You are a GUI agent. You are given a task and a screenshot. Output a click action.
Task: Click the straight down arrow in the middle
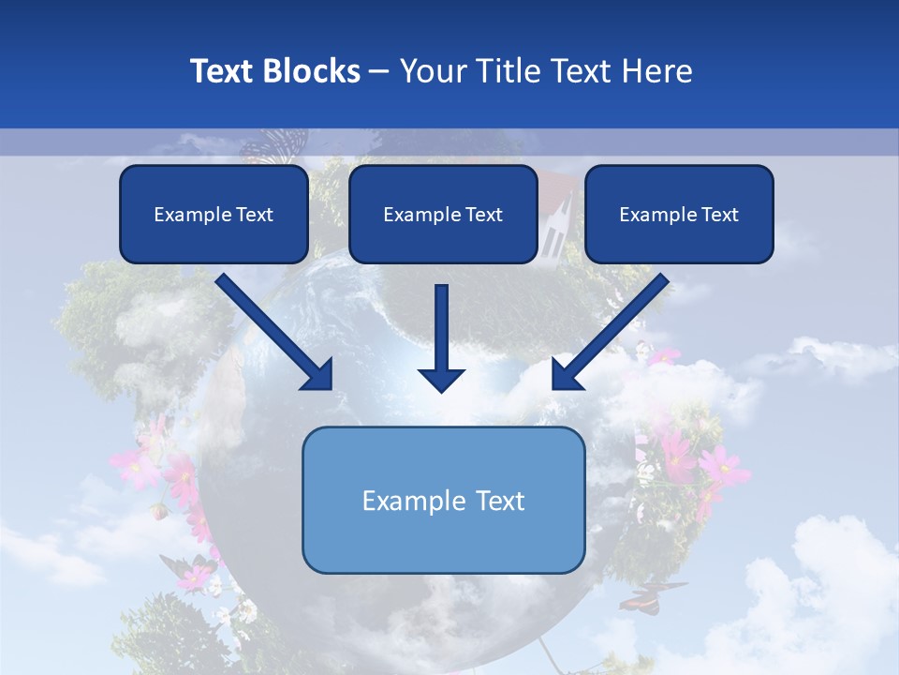point(441,328)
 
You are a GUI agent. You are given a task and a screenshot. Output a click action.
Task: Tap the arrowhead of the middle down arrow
point(441,379)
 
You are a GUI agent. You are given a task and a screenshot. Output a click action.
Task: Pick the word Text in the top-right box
point(718,215)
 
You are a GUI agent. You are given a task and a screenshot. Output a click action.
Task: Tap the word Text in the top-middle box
point(482,215)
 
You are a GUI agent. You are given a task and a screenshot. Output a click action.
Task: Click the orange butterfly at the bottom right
point(653,593)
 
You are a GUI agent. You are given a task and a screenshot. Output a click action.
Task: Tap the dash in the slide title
point(379,71)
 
